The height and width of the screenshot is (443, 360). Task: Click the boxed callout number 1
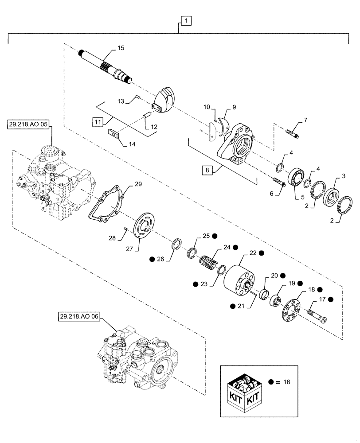pyautogui.click(x=186, y=20)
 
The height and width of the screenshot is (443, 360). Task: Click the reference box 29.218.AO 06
pyautogui.click(x=78, y=317)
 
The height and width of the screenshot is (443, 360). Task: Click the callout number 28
pyautogui.click(x=113, y=238)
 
